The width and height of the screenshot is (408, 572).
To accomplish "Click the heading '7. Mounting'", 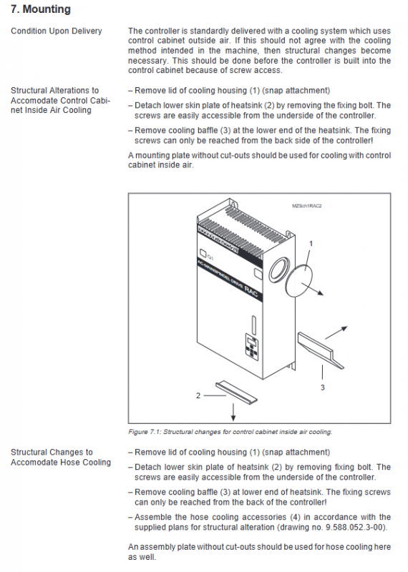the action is [x=41, y=9].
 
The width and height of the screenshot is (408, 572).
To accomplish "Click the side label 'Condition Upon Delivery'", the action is [x=57, y=31].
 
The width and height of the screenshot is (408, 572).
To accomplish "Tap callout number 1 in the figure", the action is [x=311, y=243].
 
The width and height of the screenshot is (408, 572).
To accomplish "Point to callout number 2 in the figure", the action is [x=198, y=395].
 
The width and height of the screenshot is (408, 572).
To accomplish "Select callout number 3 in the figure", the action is [x=323, y=388].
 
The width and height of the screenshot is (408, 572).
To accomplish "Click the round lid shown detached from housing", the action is [x=299, y=280].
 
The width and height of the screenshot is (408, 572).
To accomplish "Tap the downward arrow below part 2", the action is [x=233, y=412].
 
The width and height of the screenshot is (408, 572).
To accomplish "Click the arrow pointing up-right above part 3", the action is [x=336, y=332].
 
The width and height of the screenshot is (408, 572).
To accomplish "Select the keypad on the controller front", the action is [x=252, y=347].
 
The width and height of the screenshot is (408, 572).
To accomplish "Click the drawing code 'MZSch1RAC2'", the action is [x=307, y=206].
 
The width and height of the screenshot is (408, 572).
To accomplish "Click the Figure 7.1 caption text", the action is [x=230, y=432].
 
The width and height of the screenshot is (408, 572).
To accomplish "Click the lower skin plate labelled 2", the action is [x=236, y=392].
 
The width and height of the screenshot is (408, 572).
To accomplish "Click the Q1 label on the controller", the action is [x=210, y=257].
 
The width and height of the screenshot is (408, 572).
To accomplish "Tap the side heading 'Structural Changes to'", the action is [x=52, y=453].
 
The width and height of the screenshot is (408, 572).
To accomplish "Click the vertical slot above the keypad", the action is [x=254, y=325].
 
